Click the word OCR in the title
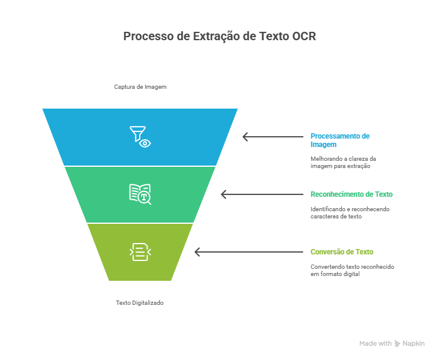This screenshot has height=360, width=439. pos(303,36)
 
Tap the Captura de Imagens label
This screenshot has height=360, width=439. pos(140,86)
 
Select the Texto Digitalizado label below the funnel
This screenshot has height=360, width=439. pos(140,303)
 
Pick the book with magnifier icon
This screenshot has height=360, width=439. pos(140,194)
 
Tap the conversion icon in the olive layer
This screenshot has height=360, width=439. pos(140,252)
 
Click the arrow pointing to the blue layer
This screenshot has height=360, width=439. pos(273,137)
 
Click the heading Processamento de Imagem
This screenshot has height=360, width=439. pos(340,140)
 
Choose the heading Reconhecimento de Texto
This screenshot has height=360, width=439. pos(351,194)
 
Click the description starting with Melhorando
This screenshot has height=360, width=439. pos(343,162)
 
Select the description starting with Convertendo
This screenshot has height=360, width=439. pos(352,270)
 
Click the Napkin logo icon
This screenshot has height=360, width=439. pos(397,344)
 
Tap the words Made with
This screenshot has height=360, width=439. pos(375,344)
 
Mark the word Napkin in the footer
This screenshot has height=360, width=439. pos(414,344)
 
